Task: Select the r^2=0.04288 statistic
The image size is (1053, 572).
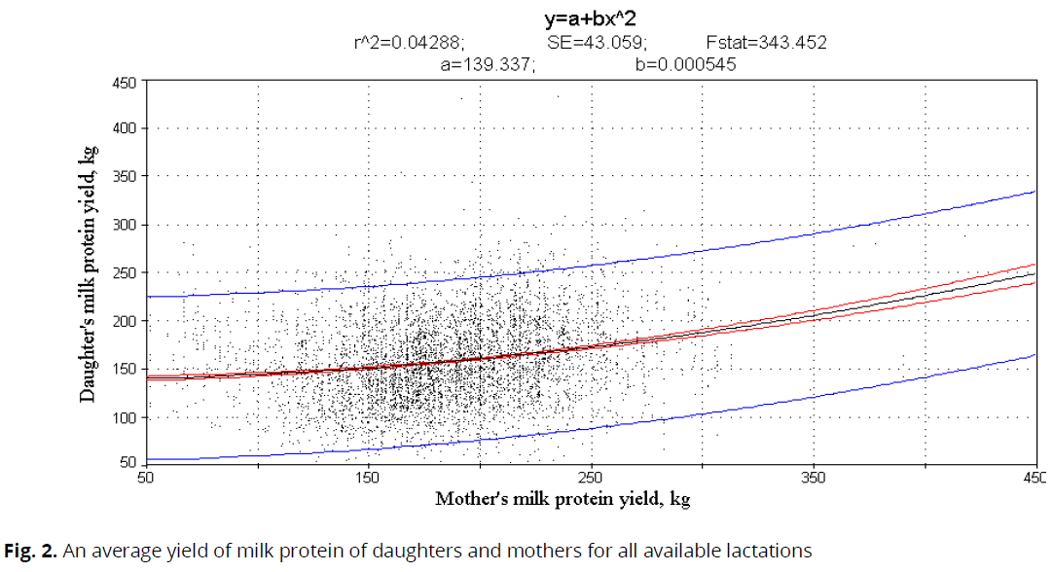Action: coord(409,42)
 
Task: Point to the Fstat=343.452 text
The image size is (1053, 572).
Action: coord(766,42)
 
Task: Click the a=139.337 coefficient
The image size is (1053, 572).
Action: coord(487,64)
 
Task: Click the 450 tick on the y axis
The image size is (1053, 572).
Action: coord(123,82)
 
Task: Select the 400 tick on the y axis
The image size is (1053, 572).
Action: coord(123,128)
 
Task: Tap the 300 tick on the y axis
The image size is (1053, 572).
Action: coord(123,225)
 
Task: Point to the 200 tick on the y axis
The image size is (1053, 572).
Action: coord(123,320)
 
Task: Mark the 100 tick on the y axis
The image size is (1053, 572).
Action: coord(123,416)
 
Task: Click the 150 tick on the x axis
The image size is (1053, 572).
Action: coord(368,478)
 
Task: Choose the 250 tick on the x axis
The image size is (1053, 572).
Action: coord(591,478)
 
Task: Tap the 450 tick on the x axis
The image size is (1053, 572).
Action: coord(1035,478)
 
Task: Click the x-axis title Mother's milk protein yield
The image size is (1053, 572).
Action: coord(563,499)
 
